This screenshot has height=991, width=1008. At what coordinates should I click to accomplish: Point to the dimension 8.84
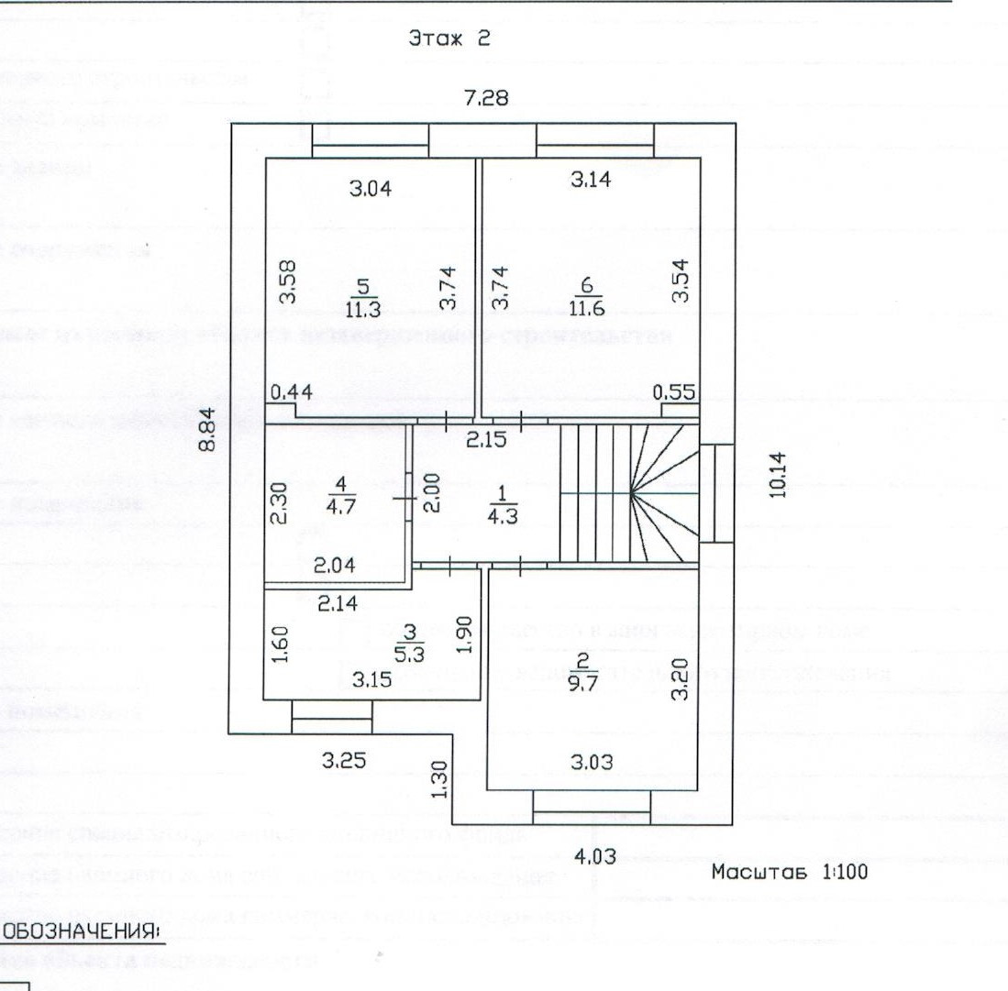pyautogui.click(x=208, y=430)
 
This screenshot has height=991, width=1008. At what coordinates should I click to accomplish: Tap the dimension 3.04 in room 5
pyautogui.click(x=371, y=191)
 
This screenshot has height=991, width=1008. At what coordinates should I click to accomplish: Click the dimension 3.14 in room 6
pyautogui.click(x=590, y=181)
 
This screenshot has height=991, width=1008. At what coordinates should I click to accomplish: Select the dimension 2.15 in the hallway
pyautogui.click(x=485, y=438)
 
